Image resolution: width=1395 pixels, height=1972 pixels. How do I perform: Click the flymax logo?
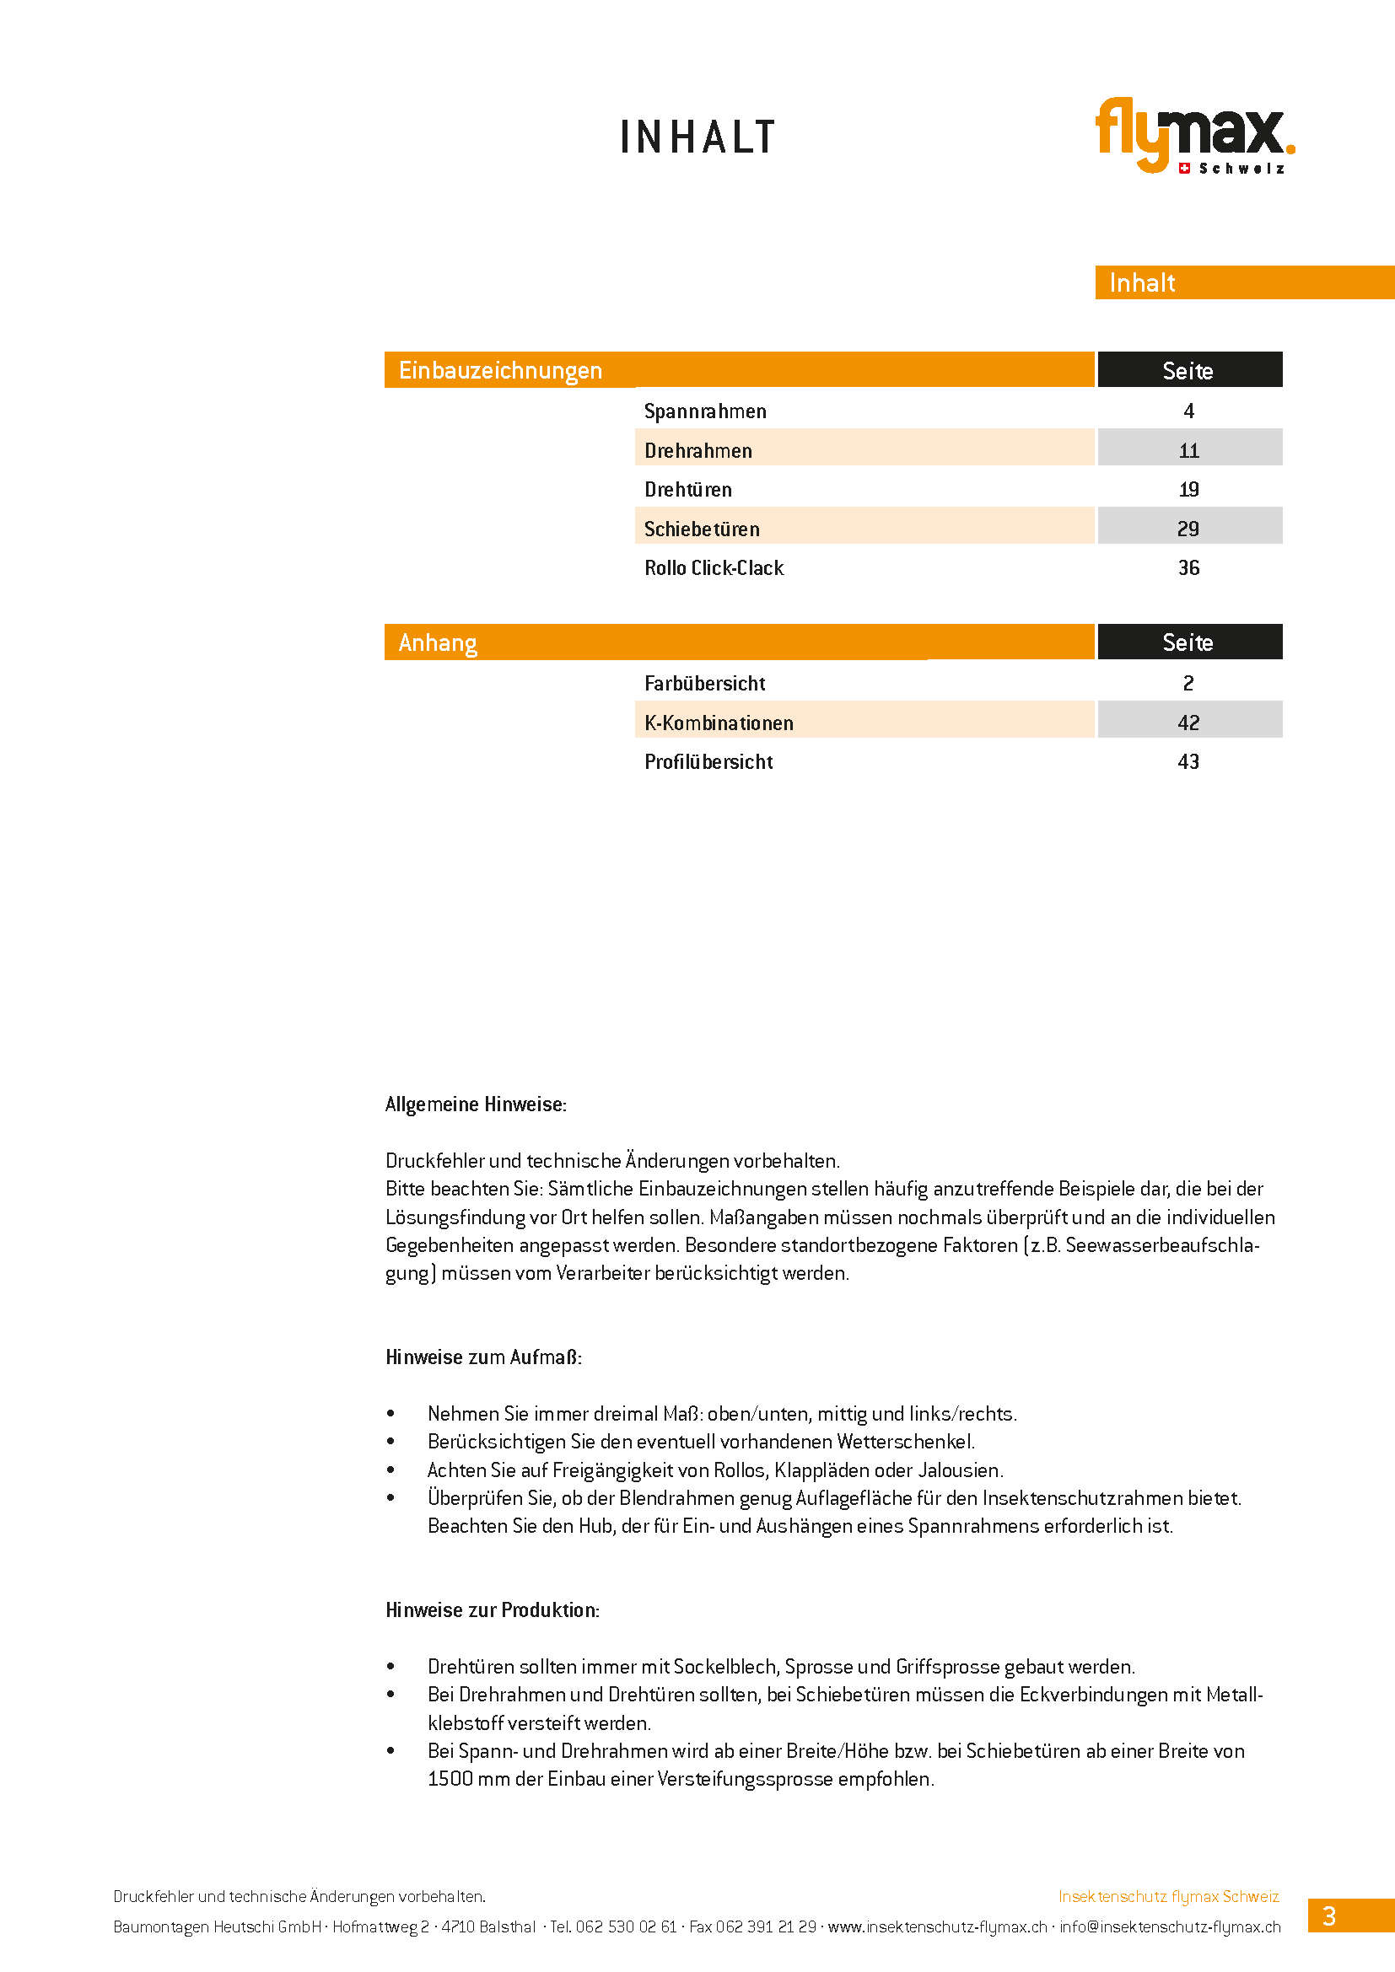coord(1193,135)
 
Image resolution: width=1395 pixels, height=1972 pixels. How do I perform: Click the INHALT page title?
coord(697,137)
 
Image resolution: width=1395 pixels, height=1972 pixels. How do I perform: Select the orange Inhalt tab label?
coord(1142,282)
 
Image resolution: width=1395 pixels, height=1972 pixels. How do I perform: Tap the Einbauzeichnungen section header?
coord(500,370)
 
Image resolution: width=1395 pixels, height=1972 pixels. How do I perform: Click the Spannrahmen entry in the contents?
coord(705,411)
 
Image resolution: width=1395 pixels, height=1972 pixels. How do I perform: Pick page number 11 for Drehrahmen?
coord(1188,450)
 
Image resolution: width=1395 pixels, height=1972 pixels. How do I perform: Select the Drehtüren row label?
coord(688,490)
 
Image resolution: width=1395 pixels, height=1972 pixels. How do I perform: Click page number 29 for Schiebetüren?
coord(1188,529)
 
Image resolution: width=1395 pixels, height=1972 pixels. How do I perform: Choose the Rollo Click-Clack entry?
coord(714,567)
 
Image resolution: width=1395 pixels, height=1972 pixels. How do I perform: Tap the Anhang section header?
coord(437,642)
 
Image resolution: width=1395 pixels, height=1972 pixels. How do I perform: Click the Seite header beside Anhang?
coord(1188,642)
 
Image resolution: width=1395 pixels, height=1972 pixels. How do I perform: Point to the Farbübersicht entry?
coord(704,684)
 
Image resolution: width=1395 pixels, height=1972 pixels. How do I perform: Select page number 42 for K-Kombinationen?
coord(1188,723)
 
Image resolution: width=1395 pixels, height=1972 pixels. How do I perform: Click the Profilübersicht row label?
coord(708,762)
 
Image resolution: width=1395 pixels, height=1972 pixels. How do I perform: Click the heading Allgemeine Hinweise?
coord(476,1104)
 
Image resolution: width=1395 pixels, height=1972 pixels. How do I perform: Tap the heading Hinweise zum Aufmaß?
coord(483,1357)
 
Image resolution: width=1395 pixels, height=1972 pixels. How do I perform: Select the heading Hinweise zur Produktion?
coord(493,1609)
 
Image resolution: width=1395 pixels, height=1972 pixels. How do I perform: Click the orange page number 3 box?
coord(1330,1916)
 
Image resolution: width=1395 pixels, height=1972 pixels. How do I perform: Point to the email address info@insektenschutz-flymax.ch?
coord(1169,1926)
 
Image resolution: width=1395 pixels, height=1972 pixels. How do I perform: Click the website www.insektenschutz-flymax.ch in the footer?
coord(937,1926)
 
